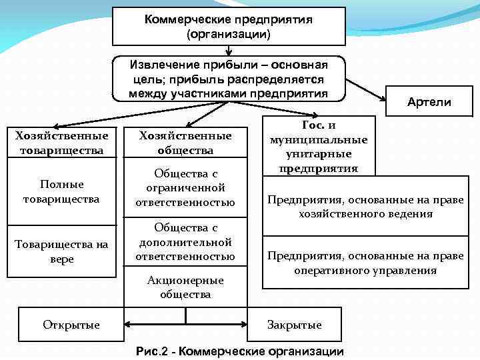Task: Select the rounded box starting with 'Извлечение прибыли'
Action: click(x=229, y=79)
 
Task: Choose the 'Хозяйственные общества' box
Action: click(x=185, y=143)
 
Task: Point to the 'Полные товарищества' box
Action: click(x=61, y=191)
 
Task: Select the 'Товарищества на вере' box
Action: click(x=61, y=251)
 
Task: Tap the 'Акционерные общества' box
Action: click(x=185, y=287)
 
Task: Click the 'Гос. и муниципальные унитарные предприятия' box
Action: click(x=319, y=146)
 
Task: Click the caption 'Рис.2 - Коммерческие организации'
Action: click(x=239, y=351)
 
